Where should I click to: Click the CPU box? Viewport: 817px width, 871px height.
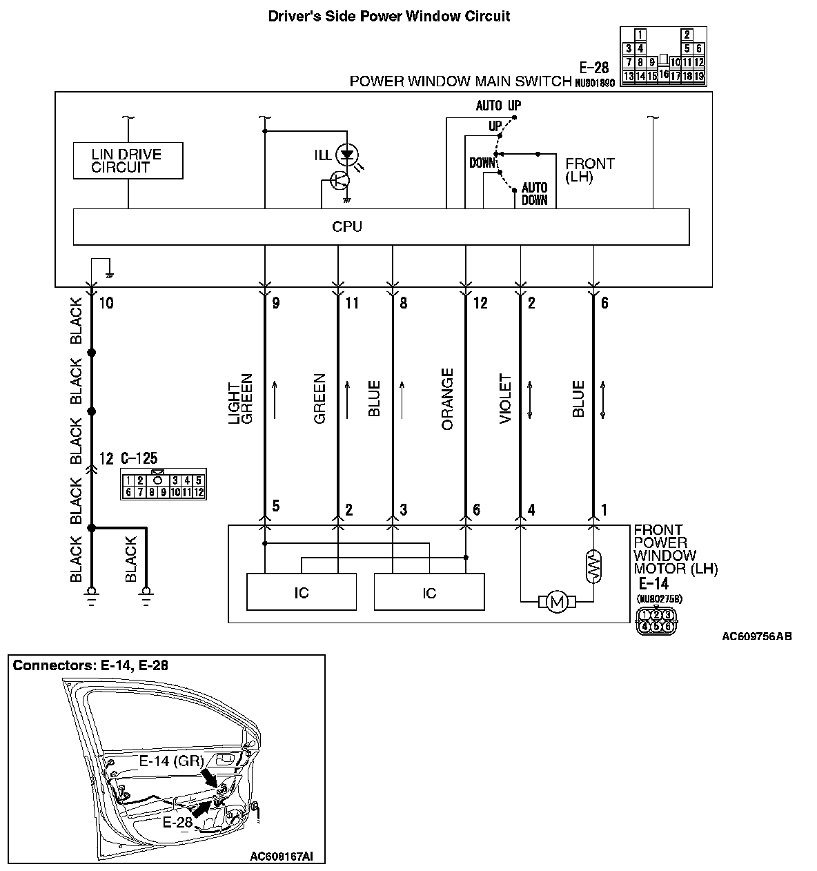(x=381, y=227)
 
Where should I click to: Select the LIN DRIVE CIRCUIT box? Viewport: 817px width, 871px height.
(x=128, y=161)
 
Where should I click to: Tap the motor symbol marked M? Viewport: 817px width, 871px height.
(x=556, y=603)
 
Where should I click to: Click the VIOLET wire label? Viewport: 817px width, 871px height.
(x=505, y=399)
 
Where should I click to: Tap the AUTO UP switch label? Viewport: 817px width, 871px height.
(x=498, y=106)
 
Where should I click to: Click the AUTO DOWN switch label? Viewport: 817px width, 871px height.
(x=534, y=194)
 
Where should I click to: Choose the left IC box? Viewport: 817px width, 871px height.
(x=302, y=592)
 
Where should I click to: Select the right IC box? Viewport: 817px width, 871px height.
(x=429, y=592)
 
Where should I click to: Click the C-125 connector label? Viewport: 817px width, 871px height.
(x=139, y=458)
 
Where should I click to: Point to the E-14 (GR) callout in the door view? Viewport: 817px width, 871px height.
(x=170, y=761)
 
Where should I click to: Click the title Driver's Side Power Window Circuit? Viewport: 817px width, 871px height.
(x=389, y=16)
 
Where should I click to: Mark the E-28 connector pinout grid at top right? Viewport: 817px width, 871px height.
(x=663, y=57)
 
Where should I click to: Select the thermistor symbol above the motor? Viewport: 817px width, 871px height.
(x=593, y=565)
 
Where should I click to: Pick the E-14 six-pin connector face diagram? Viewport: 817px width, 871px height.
(x=656, y=620)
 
